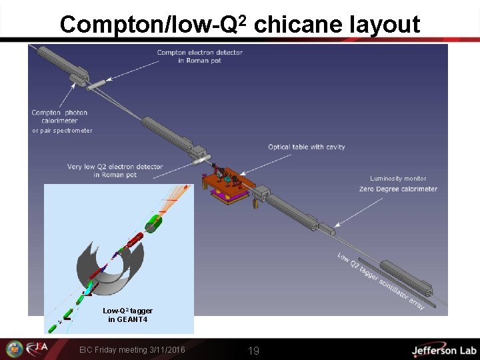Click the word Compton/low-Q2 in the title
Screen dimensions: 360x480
154,25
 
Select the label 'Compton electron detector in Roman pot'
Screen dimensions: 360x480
199,57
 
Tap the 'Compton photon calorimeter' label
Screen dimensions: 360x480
59,117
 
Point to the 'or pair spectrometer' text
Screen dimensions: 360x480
62,131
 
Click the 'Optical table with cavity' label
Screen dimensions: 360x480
306,147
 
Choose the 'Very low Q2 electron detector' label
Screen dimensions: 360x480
115,171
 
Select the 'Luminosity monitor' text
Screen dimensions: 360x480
398,179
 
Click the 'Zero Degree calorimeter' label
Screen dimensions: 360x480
398,189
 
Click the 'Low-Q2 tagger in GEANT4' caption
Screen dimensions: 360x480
127,315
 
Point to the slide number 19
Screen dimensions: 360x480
253,351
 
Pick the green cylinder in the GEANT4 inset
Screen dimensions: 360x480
154,224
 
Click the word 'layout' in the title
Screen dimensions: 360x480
385,25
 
